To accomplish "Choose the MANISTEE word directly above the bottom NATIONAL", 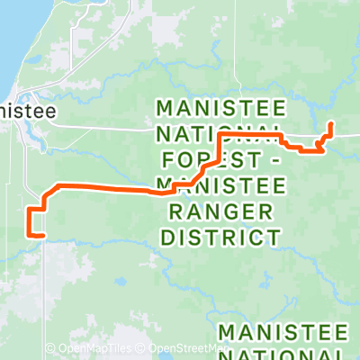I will tap(283, 330).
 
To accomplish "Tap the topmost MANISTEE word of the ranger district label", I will tap(221, 108).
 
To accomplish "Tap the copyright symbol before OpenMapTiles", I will tap(50, 348).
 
